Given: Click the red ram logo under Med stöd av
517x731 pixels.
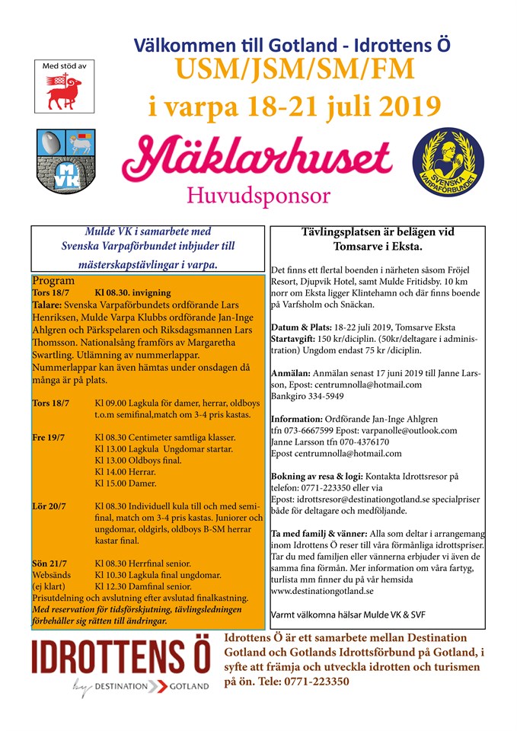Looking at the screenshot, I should click(63, 91).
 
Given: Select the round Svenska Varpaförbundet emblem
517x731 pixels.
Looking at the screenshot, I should click(448, 159).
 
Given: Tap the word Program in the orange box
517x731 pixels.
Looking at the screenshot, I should click(53, 280).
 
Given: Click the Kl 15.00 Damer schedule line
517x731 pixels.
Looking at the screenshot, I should click(126, 483).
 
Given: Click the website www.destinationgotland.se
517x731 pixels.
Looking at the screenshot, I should click(322, 590).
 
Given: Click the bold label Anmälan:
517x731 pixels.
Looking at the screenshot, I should click(289, 373).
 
